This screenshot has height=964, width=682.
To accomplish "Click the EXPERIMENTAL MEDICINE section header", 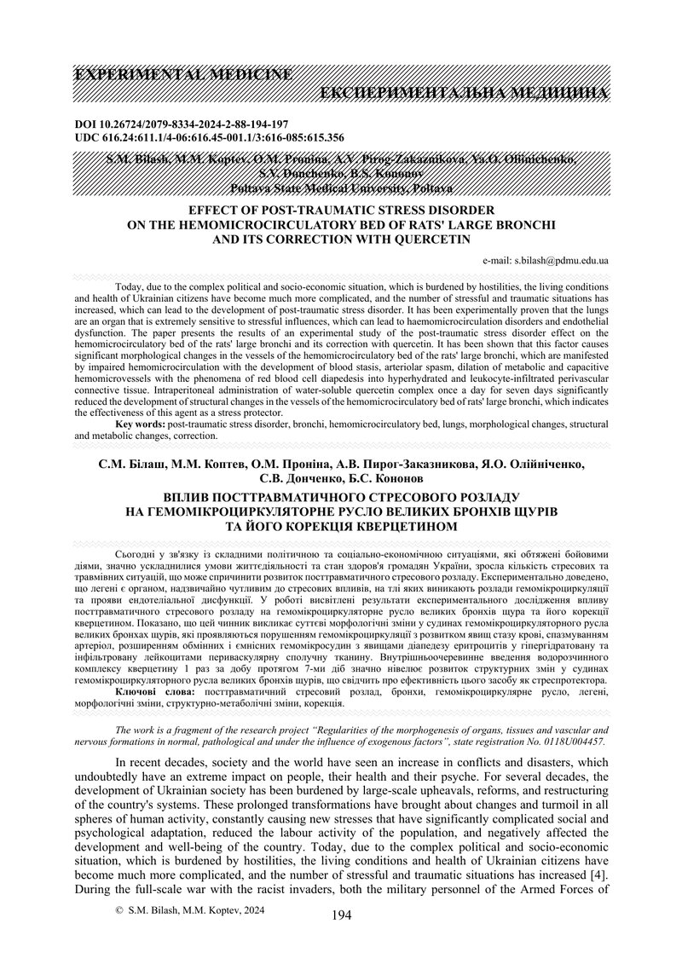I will click(x=184, y=74).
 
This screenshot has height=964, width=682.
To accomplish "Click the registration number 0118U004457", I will click(x=571, y=742).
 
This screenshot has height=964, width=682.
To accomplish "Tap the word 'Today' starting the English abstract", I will click(x=130, y=289).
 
